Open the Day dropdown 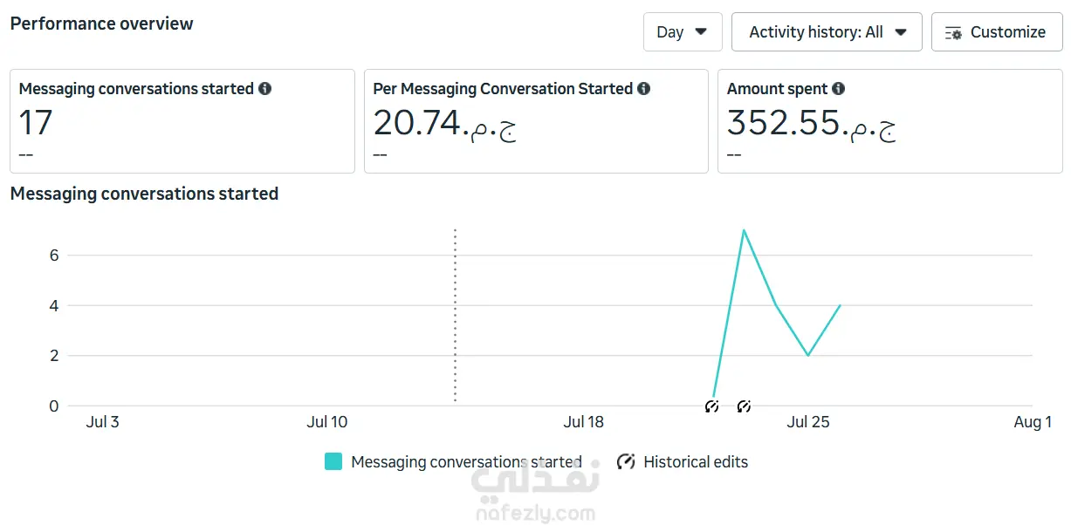pos(683,32)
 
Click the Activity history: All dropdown pos(827,32)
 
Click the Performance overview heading pos(101,24)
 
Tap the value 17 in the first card pos(36,123)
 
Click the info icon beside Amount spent pos(838,88)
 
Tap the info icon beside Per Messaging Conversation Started pos(643,88)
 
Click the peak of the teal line pos(744,230)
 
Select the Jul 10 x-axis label pos(327,422)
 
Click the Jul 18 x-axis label pos(583,422)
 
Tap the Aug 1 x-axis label pos(1033,422)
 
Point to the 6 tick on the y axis pos(54,256)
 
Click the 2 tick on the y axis pos(54,356)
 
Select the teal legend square pos(333,461)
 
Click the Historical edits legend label pos(696,462)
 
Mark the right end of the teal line pos(840,305)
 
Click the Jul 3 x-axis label pos(102,422)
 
